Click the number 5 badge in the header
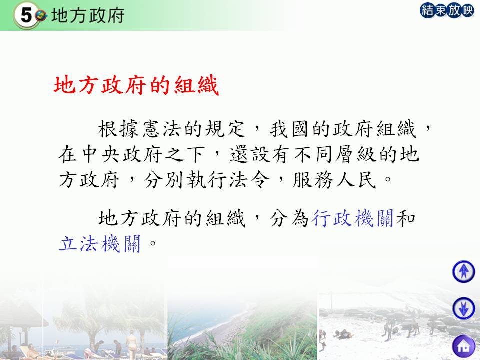(24, 16)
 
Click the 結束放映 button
(446, 11)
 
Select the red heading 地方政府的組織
(136, 86)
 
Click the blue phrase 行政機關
(353, 218)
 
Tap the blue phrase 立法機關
(99, 244)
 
